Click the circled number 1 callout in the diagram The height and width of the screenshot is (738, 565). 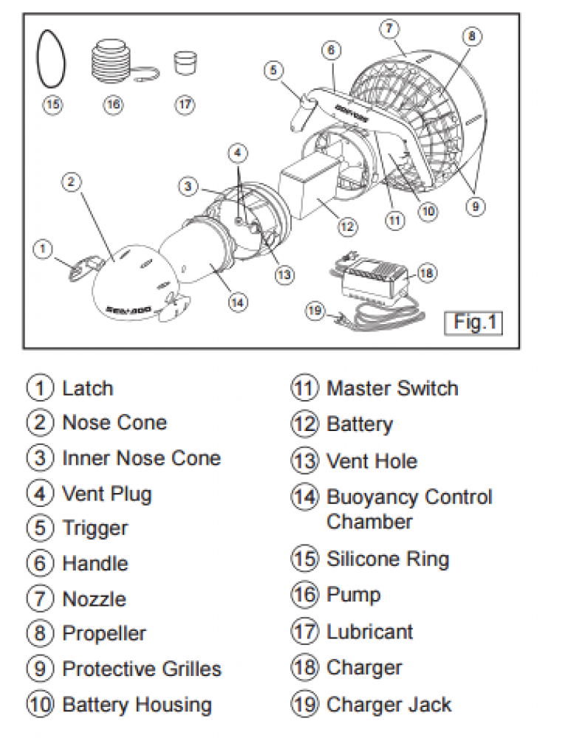point(44,249)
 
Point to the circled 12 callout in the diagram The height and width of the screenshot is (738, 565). point(347,226)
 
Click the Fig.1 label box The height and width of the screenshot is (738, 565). point(473,323)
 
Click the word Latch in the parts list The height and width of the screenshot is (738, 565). point(88,388)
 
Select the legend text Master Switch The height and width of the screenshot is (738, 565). point(392,388)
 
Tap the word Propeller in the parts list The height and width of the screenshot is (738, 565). point(104,633)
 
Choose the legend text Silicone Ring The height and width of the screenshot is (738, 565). point(388,559)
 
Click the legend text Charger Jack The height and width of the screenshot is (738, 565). point(388,705)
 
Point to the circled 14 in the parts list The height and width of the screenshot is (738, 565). point(304,497)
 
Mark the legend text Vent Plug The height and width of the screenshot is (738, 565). point(107,493)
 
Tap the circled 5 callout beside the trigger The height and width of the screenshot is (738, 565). point(274,70)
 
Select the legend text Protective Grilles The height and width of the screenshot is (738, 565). point(142,669)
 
